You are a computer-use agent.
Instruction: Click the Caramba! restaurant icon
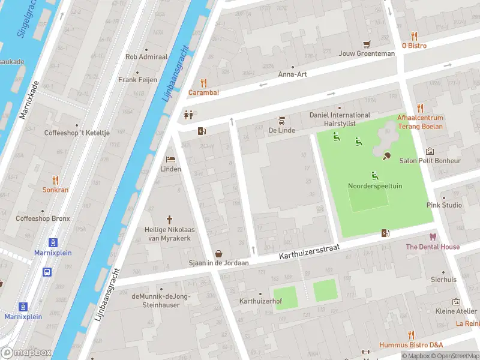tap(203, 83)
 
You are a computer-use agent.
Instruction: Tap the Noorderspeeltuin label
tap(375, 186)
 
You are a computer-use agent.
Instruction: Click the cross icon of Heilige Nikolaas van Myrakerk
tap(169, 220)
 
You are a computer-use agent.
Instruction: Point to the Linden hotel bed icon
tap(170, 160)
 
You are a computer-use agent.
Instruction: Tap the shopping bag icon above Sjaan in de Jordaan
tap(219, 254)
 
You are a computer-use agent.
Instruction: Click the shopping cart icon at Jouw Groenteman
tap(367, 44)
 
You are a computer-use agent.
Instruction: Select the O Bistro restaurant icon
tap(414, 36)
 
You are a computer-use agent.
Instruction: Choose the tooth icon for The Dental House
tap(431, 237)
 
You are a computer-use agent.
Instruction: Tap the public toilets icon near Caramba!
tap(188, 115)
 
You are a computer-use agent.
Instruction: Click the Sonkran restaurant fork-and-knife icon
tap(55, 179)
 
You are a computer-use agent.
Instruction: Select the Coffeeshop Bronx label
tap(43, 218)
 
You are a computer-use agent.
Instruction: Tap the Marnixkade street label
tap(28, 100)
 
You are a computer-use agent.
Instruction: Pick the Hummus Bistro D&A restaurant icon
tap(411, 335)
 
